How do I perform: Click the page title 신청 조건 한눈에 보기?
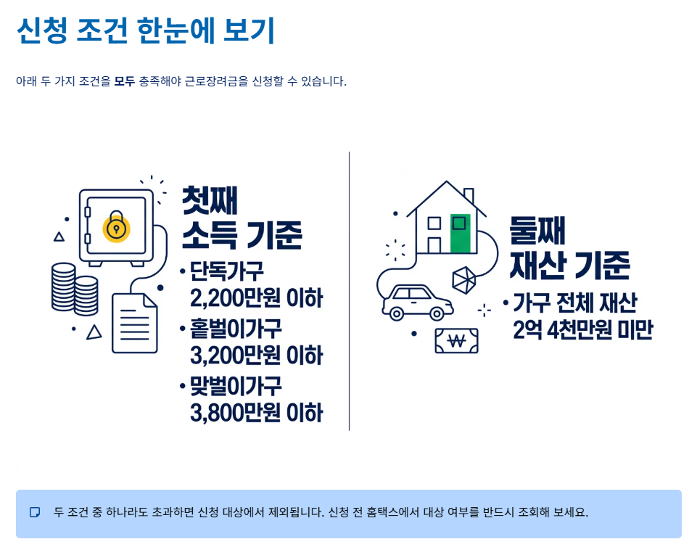tap(145, 30)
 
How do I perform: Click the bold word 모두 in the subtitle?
tap(124, 81)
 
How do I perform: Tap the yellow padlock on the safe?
tap(116, 225)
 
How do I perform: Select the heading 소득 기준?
tap(242, 234)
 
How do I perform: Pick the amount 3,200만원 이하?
tap(256, 355)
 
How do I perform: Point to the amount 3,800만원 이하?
tap(256, 412)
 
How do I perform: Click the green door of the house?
tap(460, 234)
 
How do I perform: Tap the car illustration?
tap(417, 303)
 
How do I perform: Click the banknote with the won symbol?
tap(456, 340)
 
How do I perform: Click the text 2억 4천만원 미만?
tap(582, 329)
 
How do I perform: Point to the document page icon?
tap(134, 323)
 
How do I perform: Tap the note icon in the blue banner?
tap(35, 512)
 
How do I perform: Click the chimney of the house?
tap(468, 196)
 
